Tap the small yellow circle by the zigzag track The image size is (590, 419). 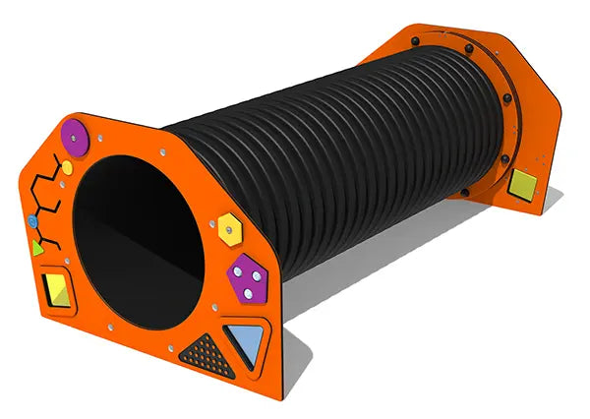point(67,168)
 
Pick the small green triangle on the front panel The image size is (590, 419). point(37,247)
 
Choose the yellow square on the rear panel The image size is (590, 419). point(522,183)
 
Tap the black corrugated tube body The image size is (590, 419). point(324,157)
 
